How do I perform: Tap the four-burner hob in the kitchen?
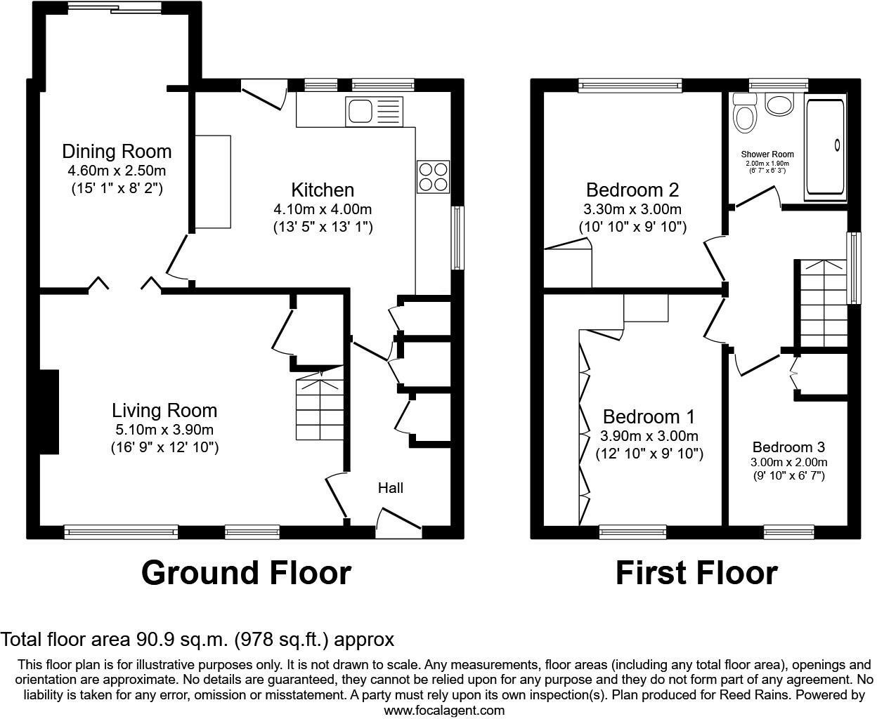click(433, 176)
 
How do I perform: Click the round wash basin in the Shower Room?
click(779, 105)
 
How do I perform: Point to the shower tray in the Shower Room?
click(825, 146)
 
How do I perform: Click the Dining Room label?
click(117, 151)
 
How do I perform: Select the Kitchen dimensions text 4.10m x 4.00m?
click(323, 209)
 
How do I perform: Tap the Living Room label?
click(164, 410)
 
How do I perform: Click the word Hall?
click(391, 487)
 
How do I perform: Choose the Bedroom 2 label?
click(632, 190)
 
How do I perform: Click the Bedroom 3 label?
click(788, 447)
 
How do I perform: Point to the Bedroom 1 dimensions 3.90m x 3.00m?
click(649, 436)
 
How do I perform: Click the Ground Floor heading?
click(246, 573)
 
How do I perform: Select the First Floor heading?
click(696, 573)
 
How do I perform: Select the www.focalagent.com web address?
click(444, 710)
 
